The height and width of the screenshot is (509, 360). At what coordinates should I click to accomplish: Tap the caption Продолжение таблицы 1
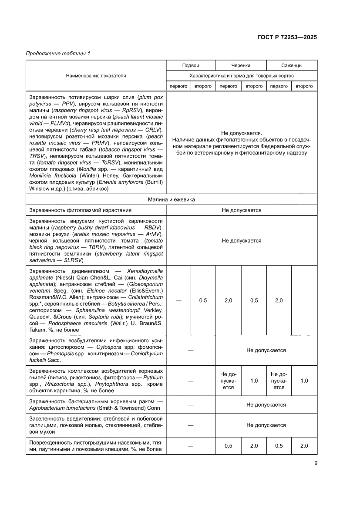(x=58, y=54)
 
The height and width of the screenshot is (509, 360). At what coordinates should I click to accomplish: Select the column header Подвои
(x=190, y=65)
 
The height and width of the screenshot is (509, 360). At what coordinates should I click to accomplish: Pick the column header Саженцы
(x=292, y=65)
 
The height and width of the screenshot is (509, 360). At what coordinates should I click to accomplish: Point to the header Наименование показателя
(x=96, y=75)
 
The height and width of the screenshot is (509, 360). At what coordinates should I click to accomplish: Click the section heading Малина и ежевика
(x=171, y=199)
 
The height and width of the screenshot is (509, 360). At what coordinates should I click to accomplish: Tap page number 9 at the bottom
(x=315, y=463)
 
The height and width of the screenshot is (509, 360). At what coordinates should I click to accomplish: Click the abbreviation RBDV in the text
(x=153, y=228)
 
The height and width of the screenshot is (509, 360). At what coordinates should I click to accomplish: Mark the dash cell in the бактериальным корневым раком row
(x=190, y=405)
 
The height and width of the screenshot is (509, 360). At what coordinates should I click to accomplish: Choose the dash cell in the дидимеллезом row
(x=178, y=300)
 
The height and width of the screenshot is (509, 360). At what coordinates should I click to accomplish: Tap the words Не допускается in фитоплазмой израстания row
(x=241, y=210)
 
